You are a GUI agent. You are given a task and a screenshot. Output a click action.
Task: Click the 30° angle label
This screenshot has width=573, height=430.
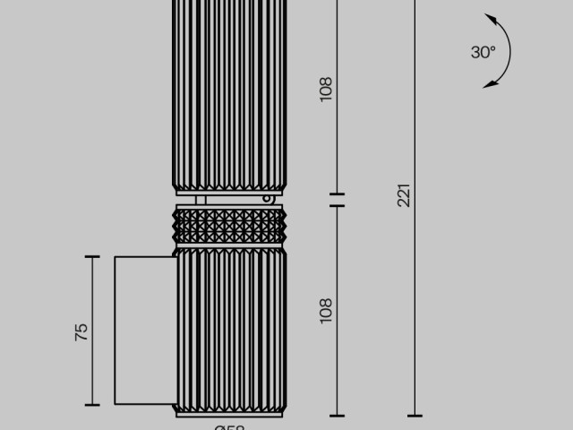click(x=483, y=52)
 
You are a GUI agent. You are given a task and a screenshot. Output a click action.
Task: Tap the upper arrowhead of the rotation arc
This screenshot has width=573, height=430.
click(x=491, y=18)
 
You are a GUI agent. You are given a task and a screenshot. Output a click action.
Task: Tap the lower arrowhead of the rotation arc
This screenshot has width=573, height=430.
click(x=490, y=84)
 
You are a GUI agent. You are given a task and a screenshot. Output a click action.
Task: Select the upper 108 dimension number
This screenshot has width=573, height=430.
click(x=326, y=88)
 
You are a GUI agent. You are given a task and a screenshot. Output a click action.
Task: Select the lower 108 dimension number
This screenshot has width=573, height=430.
click(x=326, y=310)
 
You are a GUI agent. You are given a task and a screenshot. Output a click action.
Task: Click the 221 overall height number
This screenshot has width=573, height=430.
click(x=404, y=195)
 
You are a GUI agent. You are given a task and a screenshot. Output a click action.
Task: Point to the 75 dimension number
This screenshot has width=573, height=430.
click(x=81, y=331)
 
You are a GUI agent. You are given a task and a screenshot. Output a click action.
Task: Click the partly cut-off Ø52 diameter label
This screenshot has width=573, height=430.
click(x=230, y=426)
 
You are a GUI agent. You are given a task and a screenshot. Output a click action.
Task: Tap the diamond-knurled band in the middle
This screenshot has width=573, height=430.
click(x=229, y=226)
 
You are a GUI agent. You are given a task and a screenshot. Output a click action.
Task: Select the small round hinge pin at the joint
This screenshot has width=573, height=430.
click(x=267, y=199)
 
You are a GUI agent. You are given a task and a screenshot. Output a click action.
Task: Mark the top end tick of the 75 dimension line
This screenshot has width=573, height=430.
click(x=92, y=257)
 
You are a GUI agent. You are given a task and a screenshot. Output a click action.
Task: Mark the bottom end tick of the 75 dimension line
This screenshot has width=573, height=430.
click(x=92, y=404)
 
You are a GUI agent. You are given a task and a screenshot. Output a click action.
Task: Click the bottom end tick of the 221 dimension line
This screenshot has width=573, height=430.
click(x=415, y=416)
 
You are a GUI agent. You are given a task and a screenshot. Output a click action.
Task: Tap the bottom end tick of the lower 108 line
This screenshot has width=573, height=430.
click(x=337, y=416)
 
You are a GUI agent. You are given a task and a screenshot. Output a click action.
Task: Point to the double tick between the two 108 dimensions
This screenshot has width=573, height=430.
click(x=337, y=200)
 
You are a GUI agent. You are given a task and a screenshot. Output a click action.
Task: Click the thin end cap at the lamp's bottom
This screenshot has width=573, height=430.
click(x=229, y=414)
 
